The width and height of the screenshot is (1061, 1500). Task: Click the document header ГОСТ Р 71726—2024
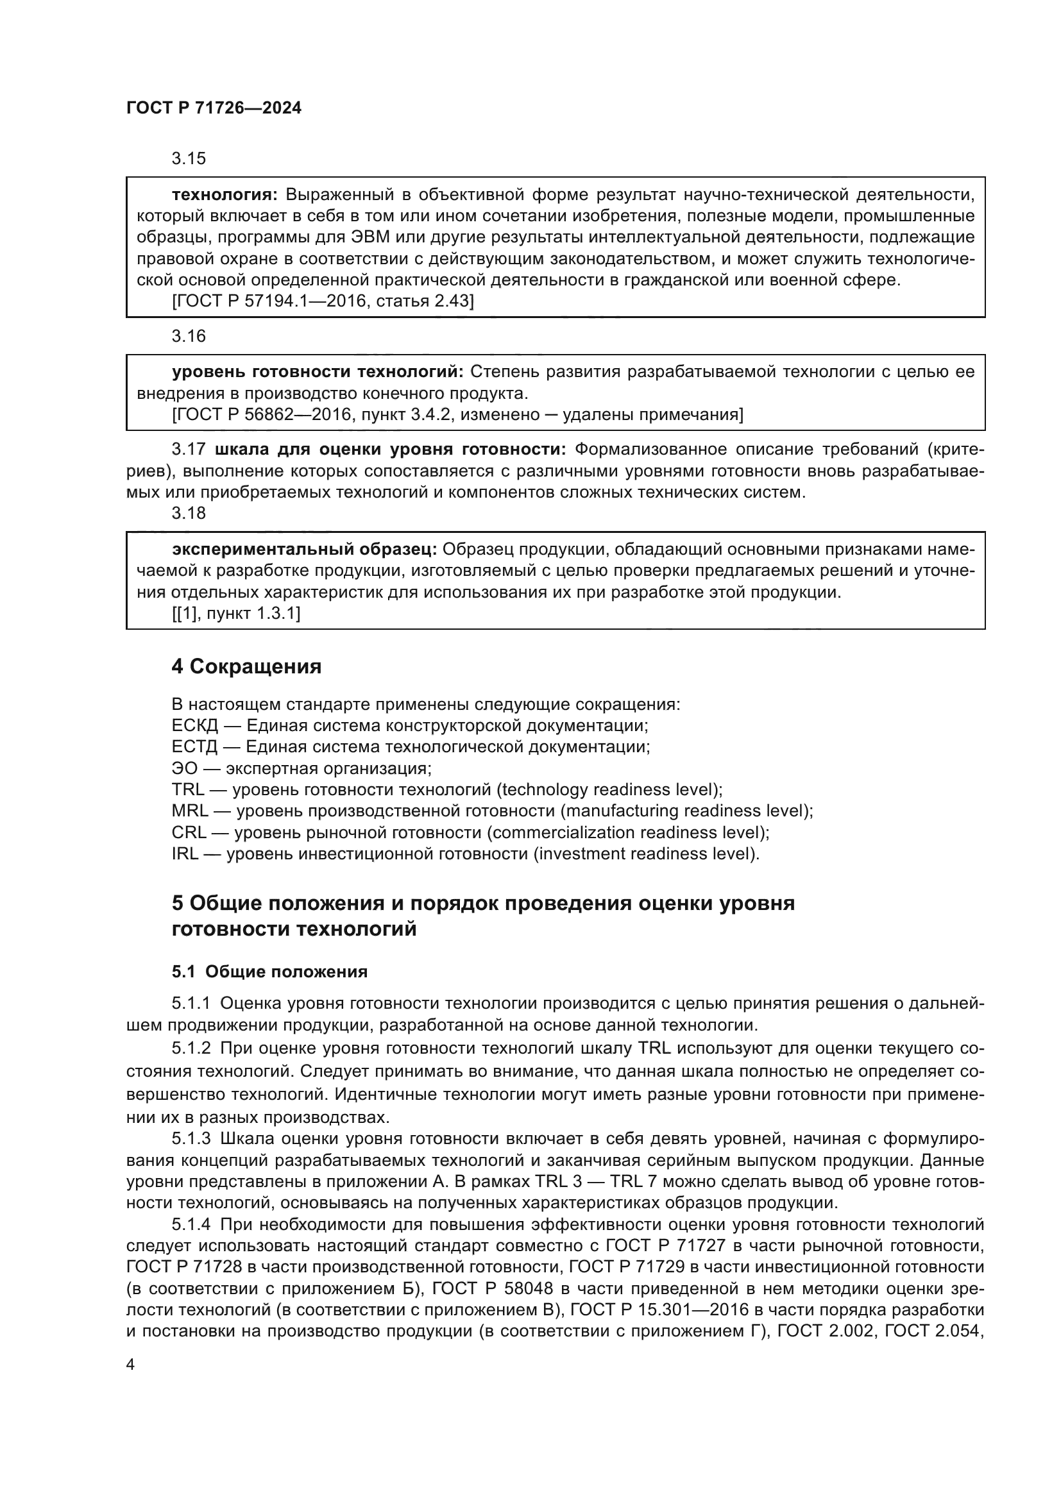214,108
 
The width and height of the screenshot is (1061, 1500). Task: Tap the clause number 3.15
188,158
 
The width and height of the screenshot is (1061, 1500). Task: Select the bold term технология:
225,195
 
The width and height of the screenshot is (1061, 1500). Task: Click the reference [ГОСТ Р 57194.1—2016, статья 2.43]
323,301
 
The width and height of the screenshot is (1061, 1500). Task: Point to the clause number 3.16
188,336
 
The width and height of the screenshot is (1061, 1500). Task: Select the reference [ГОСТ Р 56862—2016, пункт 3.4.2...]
457,415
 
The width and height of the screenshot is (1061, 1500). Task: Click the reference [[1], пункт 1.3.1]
236,614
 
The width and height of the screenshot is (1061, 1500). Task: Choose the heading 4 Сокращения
246,666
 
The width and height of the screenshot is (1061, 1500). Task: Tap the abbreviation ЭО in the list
184,768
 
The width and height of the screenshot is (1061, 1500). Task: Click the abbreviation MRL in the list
189,811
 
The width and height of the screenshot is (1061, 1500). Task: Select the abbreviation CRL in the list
188,832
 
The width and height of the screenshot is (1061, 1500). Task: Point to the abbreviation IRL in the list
184,854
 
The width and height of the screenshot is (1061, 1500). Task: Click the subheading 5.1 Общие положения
269,972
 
